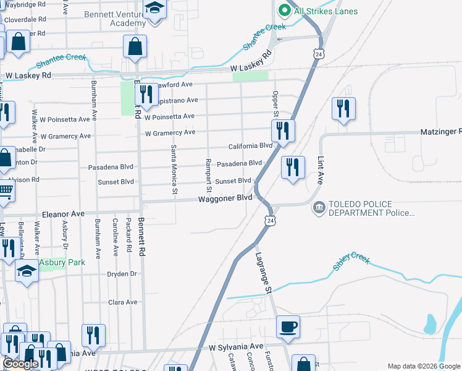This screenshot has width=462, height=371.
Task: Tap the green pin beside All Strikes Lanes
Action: tap(285, 11)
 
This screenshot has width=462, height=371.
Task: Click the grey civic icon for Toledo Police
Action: tap(319, 207)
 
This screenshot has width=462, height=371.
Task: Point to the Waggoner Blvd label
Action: tap(225, 198)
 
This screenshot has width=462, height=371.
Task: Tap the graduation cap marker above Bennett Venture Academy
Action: tap(154, 9)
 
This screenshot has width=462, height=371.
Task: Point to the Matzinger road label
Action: tap(441, 132)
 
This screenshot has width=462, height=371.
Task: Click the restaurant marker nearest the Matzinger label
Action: tap(342, 109)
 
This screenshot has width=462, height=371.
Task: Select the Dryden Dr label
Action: tap(121, 274)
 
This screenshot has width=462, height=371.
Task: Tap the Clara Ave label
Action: tap(122, 302)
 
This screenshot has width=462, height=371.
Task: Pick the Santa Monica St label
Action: tap(174, 169)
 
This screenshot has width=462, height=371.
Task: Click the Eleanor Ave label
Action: tap(62, 214)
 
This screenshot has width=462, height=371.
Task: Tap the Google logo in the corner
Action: tap(20, 364)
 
